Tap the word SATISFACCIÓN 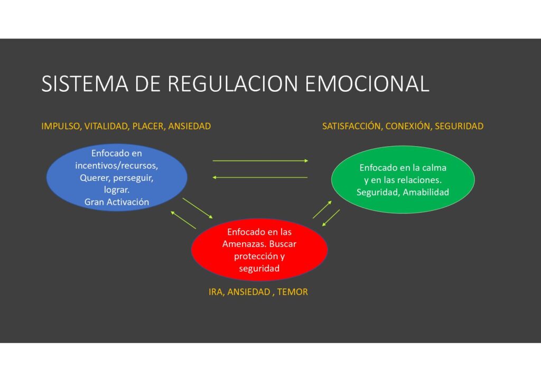351,126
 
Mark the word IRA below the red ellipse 216,292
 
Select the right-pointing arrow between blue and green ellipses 260,160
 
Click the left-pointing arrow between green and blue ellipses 260,177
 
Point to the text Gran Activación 117,202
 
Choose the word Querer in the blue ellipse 94,177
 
